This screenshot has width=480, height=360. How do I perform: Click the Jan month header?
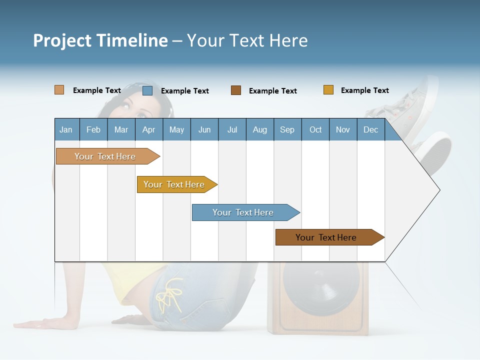pos(66,129)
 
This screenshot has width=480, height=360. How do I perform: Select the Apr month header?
pos(148,129)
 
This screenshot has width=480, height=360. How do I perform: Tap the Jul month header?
pos(232,129)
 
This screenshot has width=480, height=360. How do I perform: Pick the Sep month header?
pos(287,129)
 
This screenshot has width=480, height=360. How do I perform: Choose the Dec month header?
pos(370,129)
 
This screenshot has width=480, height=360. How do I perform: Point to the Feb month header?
pos(93,129)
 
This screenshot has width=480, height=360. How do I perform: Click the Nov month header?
pos(342,129)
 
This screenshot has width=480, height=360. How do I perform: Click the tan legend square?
pos(59,90)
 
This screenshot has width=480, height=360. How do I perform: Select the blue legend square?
pos(147,90)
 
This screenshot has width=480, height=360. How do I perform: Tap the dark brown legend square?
pos(236,90)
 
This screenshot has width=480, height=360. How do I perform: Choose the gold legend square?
pos(328,90)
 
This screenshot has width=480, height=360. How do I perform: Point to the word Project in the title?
pos(61,40)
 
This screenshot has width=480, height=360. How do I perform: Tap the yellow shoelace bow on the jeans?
pos(169,295)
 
